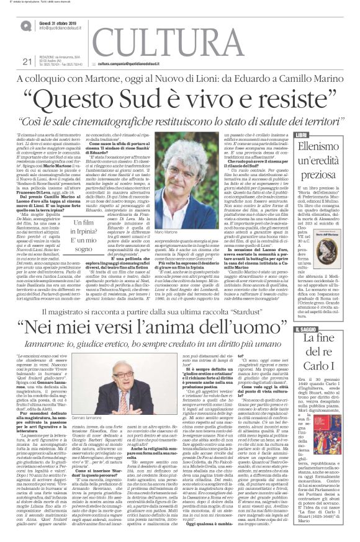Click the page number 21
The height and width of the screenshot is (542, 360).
[26, 61]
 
